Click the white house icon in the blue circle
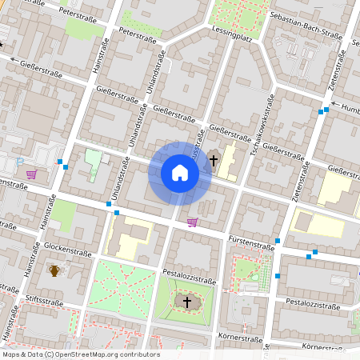pyautogui.click(x=180, y=172)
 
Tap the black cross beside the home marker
pyautogui.click(x=213, y=160)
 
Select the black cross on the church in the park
pyautogui.click(x=187, y=302)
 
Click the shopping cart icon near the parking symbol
pyautogui.click(x=31, y=174)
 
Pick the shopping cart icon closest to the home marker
pyautogui.click(x=192, y=222)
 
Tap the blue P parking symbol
pyautogui.click(x=20, y=162)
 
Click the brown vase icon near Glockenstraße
pyautogui.click(x=54, y=270)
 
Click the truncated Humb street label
pyautogui.click(x=350, y=110)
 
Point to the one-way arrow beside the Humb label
pyautogui.click(x=334, y=105)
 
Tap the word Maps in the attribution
pyautogui.click(x=11, y=354)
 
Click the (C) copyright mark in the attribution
pyautogui.click(x=50, y=354)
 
